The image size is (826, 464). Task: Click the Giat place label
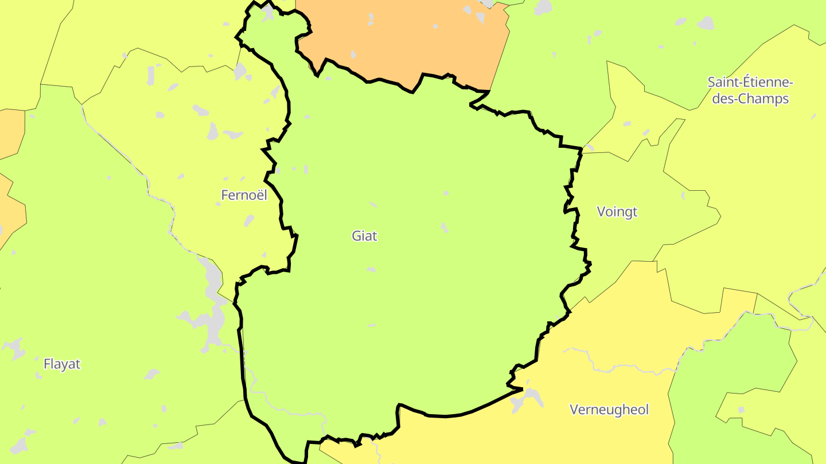click(364, 235)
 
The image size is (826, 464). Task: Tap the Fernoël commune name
click(244, 195)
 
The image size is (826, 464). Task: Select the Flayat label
click(62, 364)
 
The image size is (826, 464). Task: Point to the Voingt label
click(617, 212)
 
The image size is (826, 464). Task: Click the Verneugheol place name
click(609, 410)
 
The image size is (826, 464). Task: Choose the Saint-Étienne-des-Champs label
click(749, 90)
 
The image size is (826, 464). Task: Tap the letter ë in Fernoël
click(259, 195)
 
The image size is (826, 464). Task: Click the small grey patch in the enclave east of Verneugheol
click(741, 410)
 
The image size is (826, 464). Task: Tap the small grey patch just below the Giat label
click(371, 269)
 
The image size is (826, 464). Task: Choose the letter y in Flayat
click(67, 365)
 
